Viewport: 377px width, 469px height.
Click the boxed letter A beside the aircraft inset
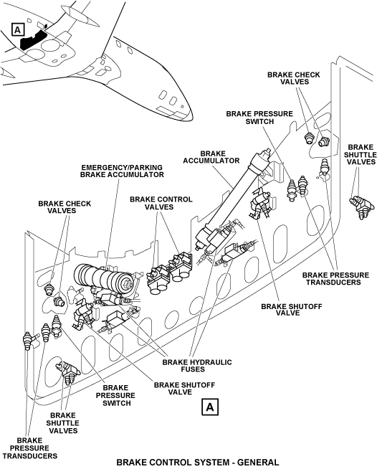tap(18, 30)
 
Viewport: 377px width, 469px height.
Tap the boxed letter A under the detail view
tap(210, 407)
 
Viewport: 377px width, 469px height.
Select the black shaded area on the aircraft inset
tap(33, 38)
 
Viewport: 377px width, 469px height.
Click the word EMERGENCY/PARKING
tap(122, 168)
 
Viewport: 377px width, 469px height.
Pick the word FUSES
tap(193, 369)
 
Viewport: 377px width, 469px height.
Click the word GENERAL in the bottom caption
tap(258, 463)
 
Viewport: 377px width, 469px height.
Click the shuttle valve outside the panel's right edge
tap(361, 207)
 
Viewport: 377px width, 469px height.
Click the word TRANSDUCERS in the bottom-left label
tap(30, 456)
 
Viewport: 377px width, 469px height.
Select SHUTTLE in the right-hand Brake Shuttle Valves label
tap(361, 155)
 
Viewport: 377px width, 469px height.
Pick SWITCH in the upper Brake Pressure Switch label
tap(259, 121)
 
